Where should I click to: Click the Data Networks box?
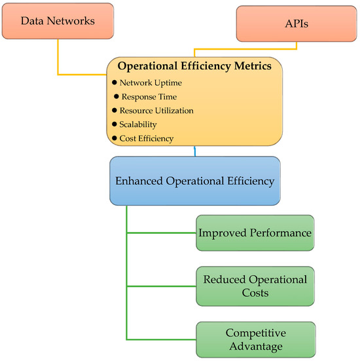pyautogui.click(x=57, y=20)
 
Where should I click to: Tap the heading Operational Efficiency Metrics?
pyautogui.click(x=194, y=66)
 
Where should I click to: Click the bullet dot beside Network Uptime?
pyautogui.click(x=114, y=83)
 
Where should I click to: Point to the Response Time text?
pyautogui.click(x=149, y=96)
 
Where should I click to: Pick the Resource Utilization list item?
pyautogui.click(x=156, y=110)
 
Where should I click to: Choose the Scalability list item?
pyautogui.click(x=138, y=124)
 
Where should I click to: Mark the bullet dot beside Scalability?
pyautogui.click(x=114, y=124)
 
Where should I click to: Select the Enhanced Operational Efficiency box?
pyautogui.click(x=195, y=181)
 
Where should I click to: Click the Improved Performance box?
pyautogui.click(x=255, y=233)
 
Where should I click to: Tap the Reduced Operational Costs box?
pyautogui.click(x=255, y=286)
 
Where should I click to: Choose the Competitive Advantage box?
pyautogui.click(x=255, y=339)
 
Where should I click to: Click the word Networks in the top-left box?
pyautogui.click(x=75, y=20)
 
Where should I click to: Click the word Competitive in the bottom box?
pyautogui.click(x=255, y=332)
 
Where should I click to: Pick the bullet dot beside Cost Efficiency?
pyautogui.click(x=114, y=138)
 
